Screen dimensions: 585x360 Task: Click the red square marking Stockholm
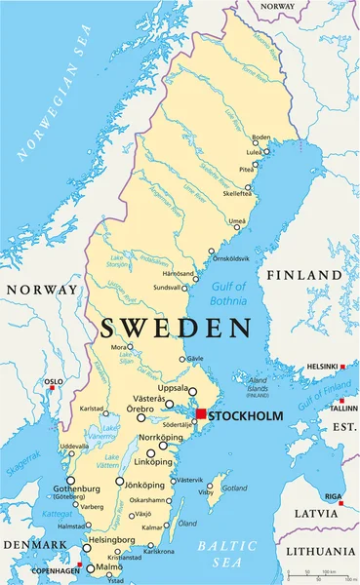[201, 415]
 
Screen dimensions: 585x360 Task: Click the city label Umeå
[237, 221]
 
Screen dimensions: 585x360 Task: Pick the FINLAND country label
[301, 275]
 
